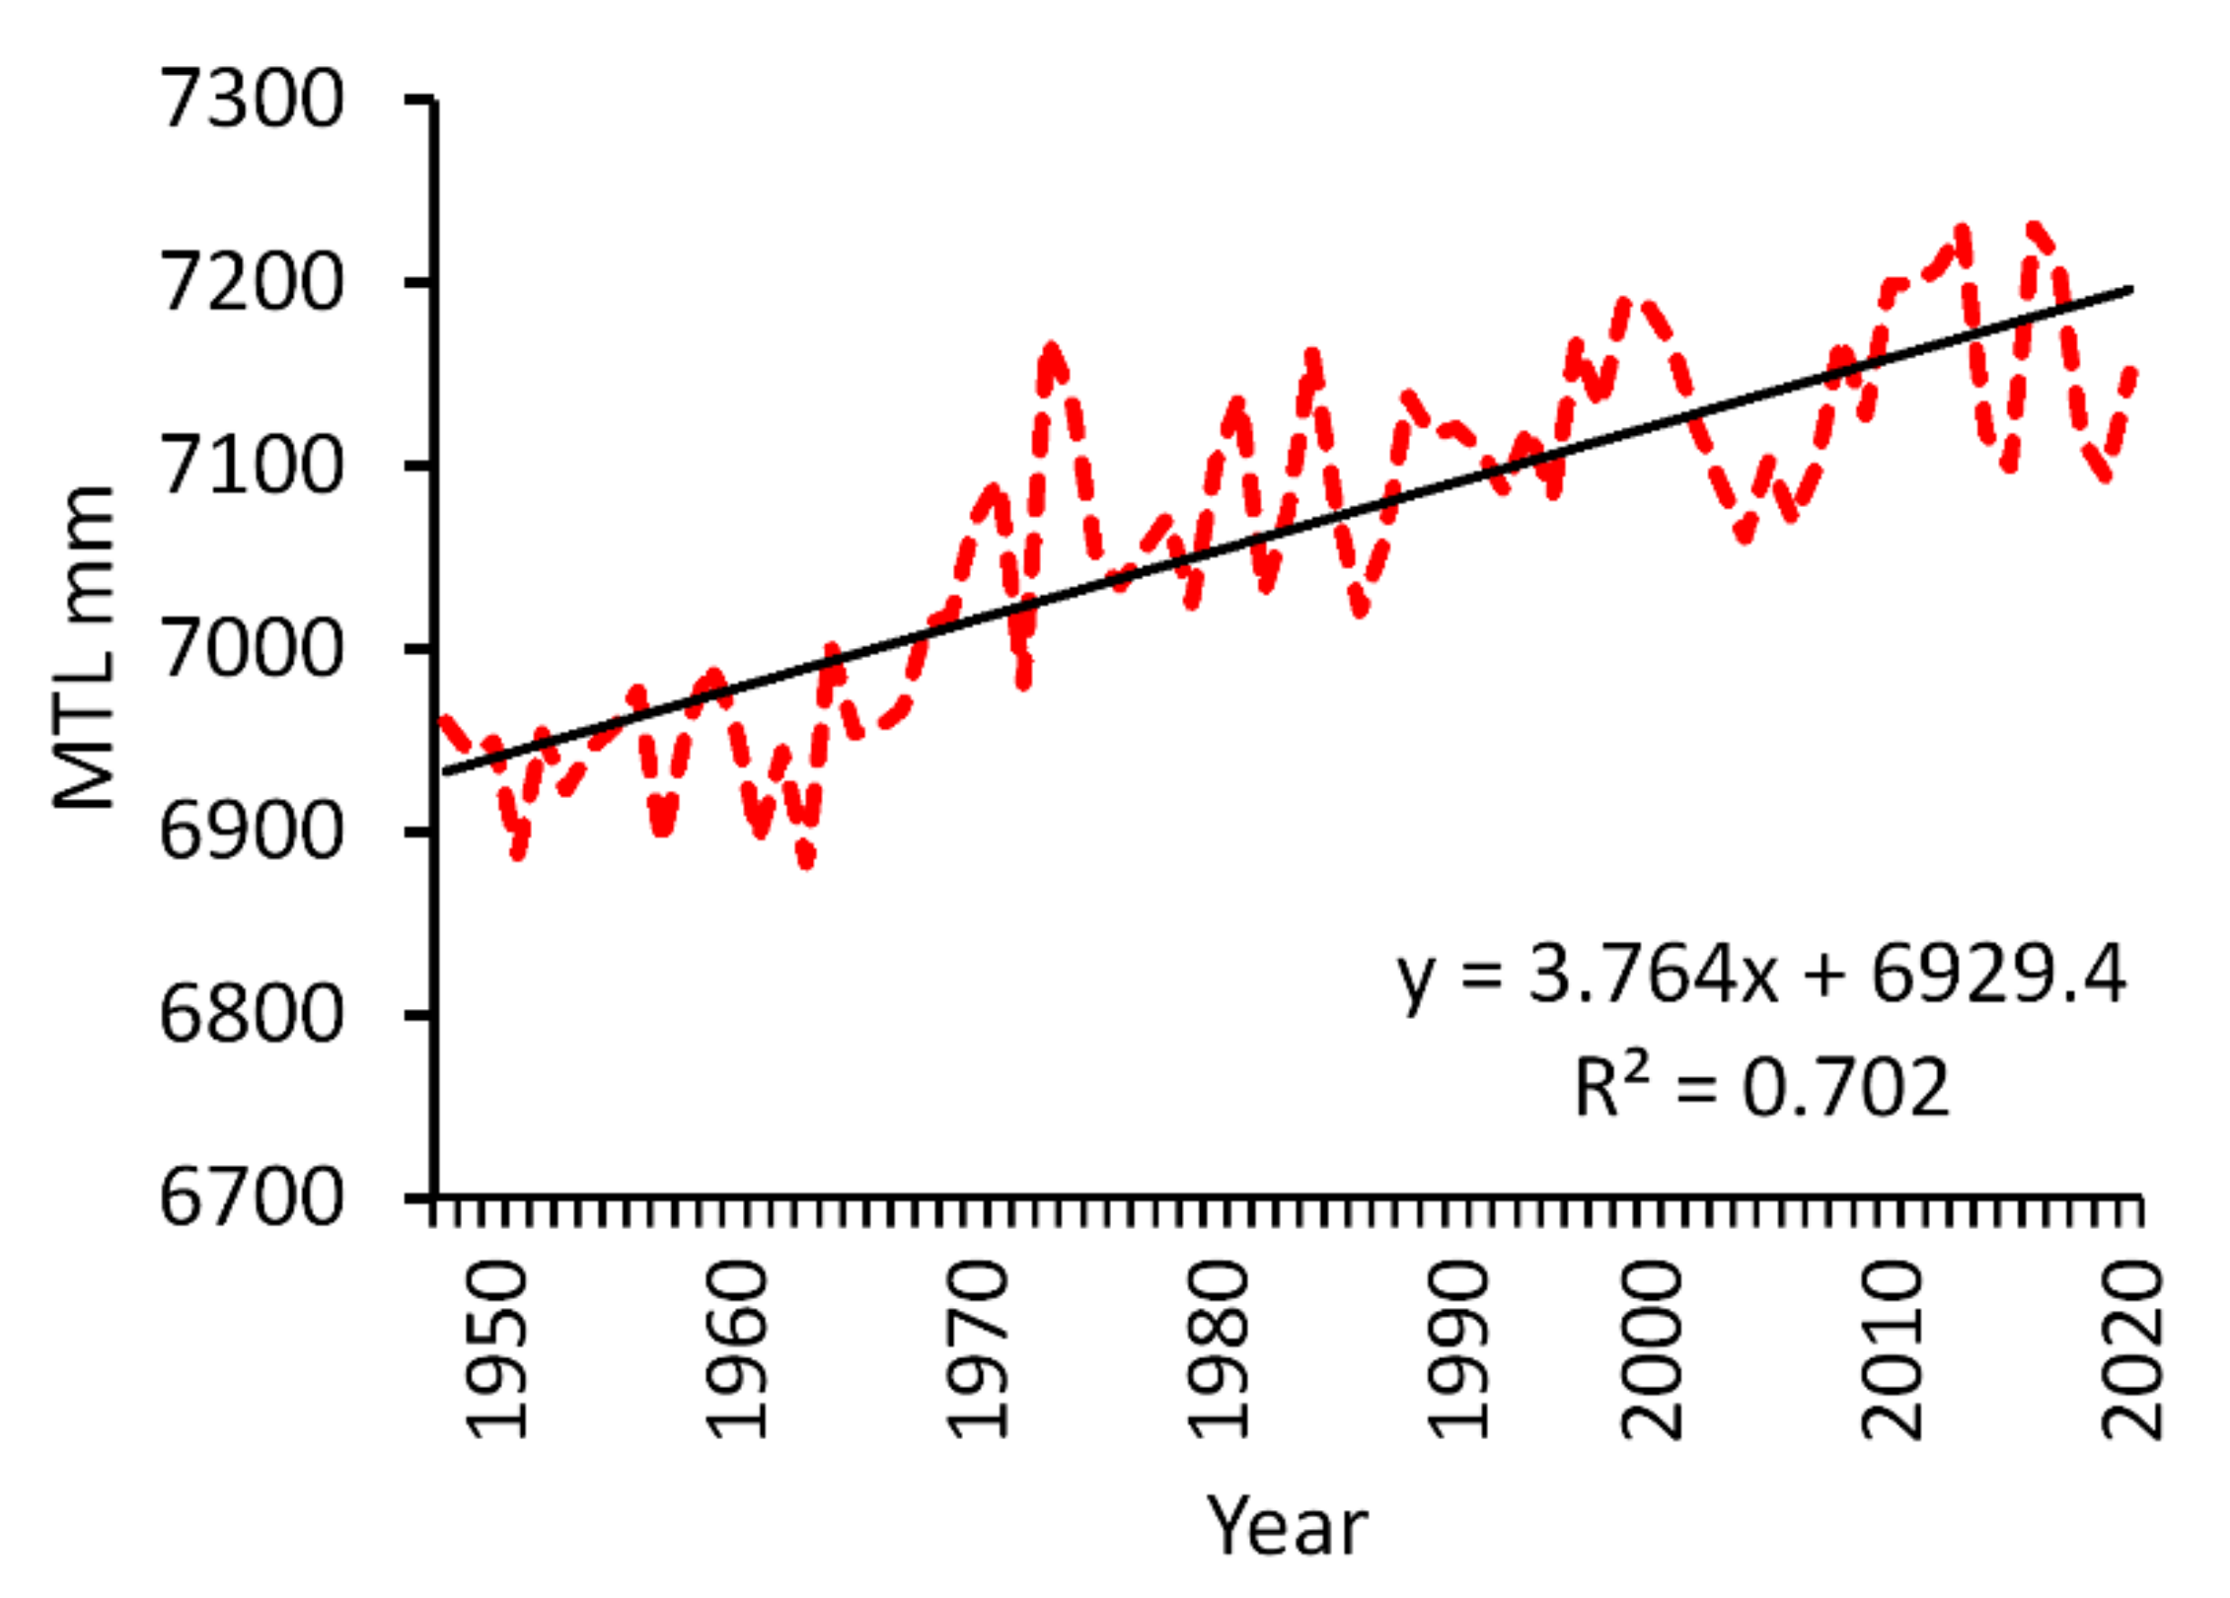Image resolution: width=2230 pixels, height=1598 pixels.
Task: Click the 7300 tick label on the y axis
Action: point(251,100)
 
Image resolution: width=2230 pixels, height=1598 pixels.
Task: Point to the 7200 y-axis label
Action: point(251,283)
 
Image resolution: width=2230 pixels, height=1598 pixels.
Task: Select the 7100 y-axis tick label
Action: point(251,467)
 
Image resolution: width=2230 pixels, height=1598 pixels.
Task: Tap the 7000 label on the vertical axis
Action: point(251,650)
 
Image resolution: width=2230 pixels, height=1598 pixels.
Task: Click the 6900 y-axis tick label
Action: point(251,833)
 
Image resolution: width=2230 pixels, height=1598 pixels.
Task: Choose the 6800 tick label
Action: point(251,1015)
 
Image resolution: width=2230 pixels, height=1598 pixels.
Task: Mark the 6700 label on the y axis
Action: point(251,1199)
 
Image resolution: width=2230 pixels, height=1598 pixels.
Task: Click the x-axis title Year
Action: point(1287,1526)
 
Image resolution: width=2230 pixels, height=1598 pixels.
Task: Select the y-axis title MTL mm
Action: point(85,648)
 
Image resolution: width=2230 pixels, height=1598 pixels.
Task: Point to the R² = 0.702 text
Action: point(1762,1087)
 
